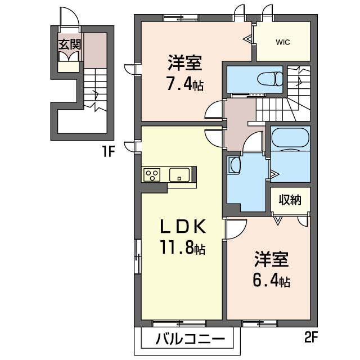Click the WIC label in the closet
[283, 42]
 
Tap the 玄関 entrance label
[70, 44]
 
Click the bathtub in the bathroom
[290, 139]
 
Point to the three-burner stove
[152, 175]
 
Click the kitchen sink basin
[179, 175]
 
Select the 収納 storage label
[290, 200]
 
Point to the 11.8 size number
[177, 247]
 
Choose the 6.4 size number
[265, 281]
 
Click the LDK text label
[182, 226]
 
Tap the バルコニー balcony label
[190, 339]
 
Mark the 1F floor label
[109, 151]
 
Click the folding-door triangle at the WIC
[248, 39]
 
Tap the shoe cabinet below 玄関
[68, 66]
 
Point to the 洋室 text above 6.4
[272, 259]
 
